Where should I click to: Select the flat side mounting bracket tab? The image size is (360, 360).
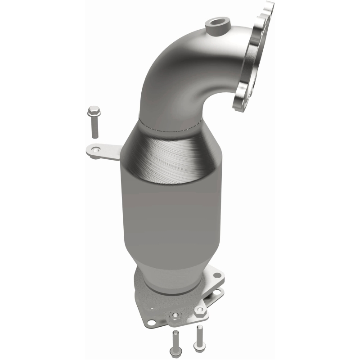tap(103, 152)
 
